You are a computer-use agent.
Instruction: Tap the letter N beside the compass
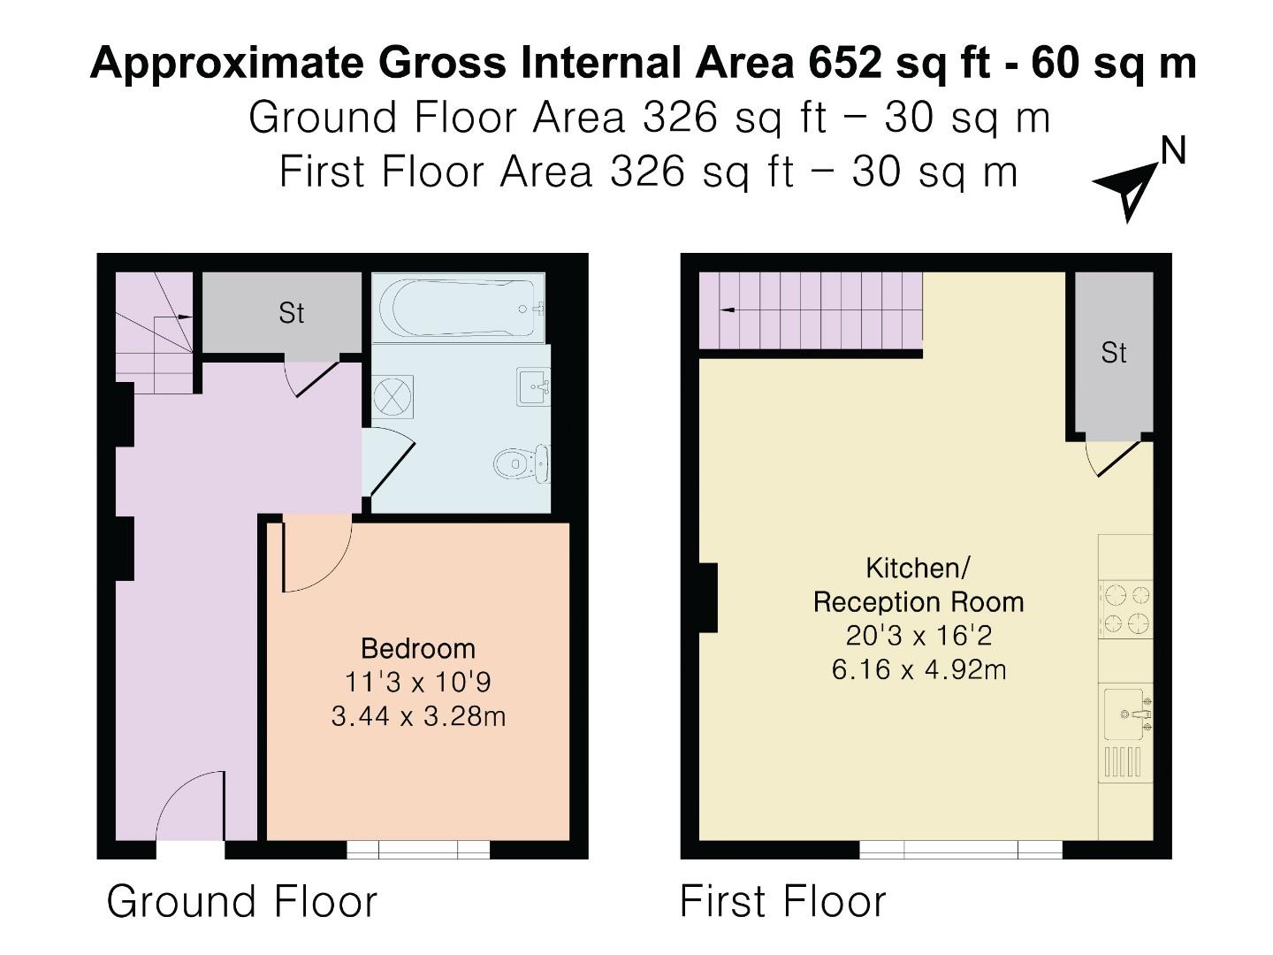pos(1173,152)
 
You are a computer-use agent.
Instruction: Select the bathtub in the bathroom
pos(458,308)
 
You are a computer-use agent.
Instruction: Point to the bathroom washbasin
pos(534,386)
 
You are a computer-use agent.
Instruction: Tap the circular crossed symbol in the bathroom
pos(393,395)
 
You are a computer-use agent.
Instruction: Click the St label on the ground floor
pos(291,313)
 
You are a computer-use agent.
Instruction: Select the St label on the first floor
pos(1113,354)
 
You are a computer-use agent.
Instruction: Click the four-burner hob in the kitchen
pos(1125,608)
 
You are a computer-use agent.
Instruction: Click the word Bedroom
pos(418,648)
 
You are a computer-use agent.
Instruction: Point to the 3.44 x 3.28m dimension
pos(418,715)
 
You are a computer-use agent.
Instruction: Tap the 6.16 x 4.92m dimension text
pos(919,669)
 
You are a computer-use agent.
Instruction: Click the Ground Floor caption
pos(241,902)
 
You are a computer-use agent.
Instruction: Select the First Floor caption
pos(782,902)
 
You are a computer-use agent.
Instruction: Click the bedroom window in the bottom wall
pos(418,850)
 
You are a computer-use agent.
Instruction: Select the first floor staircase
pos(811,310)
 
